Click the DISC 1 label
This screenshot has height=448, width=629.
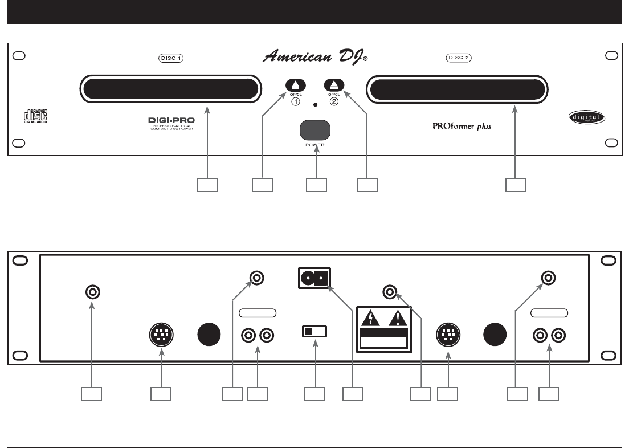pos(171,58)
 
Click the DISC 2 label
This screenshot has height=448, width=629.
pos(459,58)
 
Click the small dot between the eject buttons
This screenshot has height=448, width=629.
pos(314,106)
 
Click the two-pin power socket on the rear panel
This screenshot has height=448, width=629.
pos(313,279)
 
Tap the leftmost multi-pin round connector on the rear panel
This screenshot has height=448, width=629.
pos(161,334)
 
